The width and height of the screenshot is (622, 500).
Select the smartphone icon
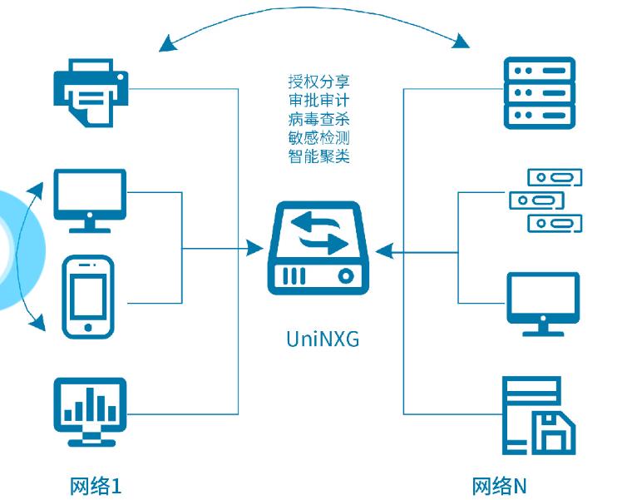coord(88,297)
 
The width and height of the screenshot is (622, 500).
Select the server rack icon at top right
coord(540,92)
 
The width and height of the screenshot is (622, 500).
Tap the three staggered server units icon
coord(545,200)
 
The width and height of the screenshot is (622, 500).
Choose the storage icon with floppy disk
coord(540,415)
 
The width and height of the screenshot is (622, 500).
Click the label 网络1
coord(96,486)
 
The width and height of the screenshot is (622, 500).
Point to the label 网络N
coord(499,486)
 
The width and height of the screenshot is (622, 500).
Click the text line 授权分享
coord(318,82)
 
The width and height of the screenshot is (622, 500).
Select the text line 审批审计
coord(318,101)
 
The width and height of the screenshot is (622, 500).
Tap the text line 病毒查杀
coord(318,119)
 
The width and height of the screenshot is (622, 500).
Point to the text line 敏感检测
coord(318,137)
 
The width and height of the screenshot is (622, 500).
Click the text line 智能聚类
coord(318,156)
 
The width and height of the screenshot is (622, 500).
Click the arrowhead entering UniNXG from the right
coord(381,249)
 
